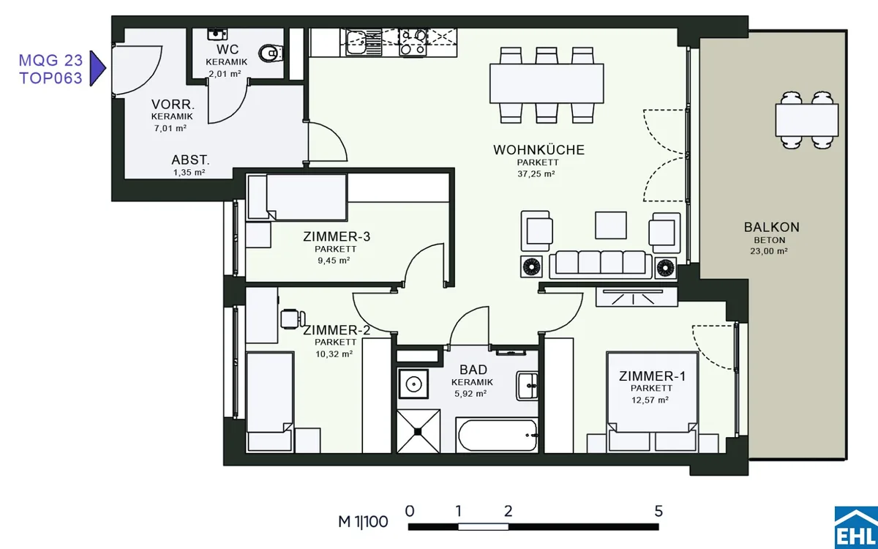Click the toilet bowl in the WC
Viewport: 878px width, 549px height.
[271, 53]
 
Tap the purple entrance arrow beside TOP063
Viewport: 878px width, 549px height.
[97, 68]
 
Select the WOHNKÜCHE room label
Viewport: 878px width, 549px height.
[539, 150]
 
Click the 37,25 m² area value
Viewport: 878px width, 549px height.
[536, 173]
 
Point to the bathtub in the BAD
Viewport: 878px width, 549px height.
[497, 436]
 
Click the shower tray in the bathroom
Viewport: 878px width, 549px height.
[418, 431]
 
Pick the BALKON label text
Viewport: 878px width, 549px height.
[771, 227]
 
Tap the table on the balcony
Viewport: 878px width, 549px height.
[806, 119]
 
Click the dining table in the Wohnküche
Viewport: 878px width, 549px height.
[547, 83]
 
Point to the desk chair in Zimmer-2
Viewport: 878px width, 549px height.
[293, 318]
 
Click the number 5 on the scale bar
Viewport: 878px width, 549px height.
[658, 511]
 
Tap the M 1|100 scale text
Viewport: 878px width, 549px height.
[363, 521]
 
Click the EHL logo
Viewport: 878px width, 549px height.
[856, 528]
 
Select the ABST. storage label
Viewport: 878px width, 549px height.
[190, 160]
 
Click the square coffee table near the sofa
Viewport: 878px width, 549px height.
[611, 225]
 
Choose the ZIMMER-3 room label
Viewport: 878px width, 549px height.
[337, 236]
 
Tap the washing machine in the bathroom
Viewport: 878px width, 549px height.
[413, 384]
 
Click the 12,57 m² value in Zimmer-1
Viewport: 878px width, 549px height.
[650, 400]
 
